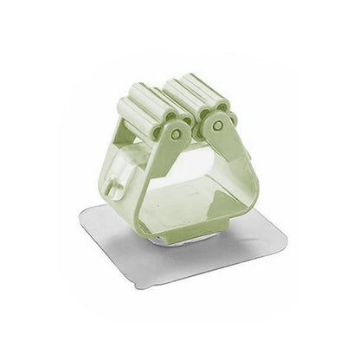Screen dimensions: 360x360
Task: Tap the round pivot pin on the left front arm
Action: tap(177, 134)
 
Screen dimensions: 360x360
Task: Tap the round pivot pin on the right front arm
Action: tap(217, 125)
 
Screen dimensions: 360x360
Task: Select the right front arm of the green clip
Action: tap(239, 164)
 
